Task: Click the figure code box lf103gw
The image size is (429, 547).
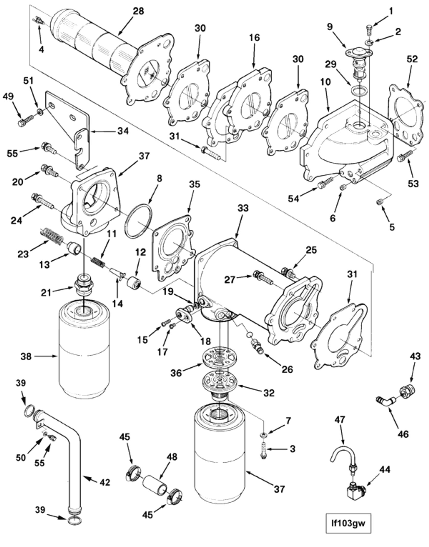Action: (348, 524)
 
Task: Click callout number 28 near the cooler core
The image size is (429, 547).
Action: (138, 11)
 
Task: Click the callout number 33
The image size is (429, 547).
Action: (243, 208)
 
